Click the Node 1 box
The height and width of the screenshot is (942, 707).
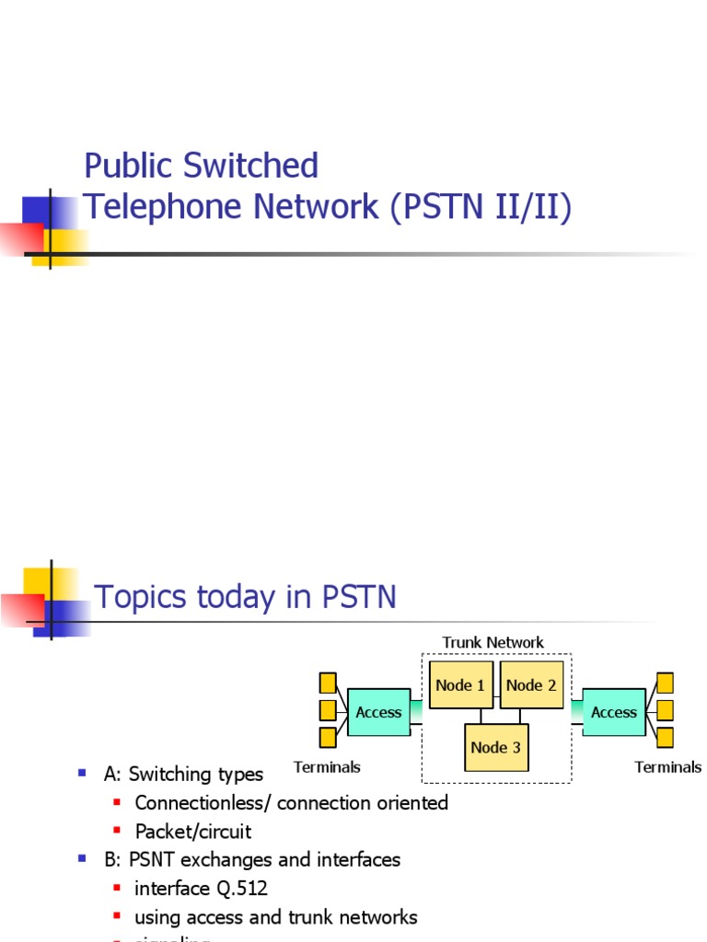[x=461, y=685]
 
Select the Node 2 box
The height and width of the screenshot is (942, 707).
[x=531, y=685]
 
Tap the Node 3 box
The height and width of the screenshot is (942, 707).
[x=496, y=747]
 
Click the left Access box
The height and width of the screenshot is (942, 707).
[x=378, y=712]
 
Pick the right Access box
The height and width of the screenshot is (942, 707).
[x=614, y=712]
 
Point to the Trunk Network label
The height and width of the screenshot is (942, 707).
[x=493, y=642]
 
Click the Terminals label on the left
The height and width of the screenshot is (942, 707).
[x=327, y=766]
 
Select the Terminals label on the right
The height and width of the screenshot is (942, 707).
[x=668, y=766]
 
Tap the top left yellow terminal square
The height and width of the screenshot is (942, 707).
[x=328, y=683]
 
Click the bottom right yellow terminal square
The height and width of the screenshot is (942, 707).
[x=665, y=737]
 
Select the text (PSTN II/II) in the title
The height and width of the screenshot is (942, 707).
[x=481, y=207]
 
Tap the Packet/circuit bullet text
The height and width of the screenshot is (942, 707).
[x=193, y=832]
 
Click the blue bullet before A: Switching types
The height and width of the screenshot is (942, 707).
[x=83, y=774]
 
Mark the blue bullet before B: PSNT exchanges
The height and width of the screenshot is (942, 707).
[x=83, y=859]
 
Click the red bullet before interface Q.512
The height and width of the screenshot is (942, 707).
[x=117, y=889]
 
